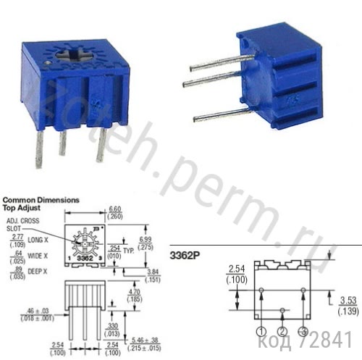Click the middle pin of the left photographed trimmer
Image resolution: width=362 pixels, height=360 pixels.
63,142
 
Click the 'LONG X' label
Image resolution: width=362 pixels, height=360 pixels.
38,239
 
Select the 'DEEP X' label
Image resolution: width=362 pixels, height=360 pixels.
38,272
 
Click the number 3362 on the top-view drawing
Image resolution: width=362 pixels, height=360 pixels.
85,258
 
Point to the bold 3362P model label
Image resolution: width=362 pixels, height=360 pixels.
186,255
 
